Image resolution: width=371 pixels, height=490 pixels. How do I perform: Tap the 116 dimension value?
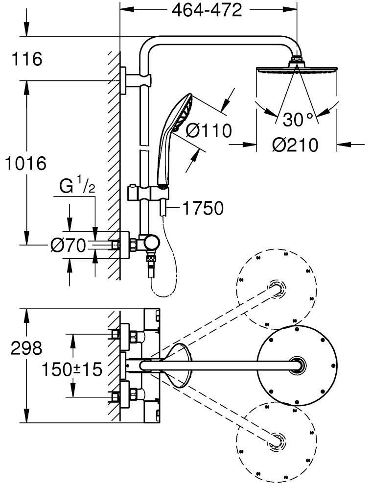[x=27, y=60]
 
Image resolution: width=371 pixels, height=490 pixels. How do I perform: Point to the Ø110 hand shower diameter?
[x=209, y=130]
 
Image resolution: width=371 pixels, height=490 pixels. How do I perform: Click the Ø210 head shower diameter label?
[x=295, y=145]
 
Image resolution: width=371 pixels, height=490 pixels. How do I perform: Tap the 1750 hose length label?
[x=203, y=208]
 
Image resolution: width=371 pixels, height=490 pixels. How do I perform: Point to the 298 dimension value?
[x=27, y=349]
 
